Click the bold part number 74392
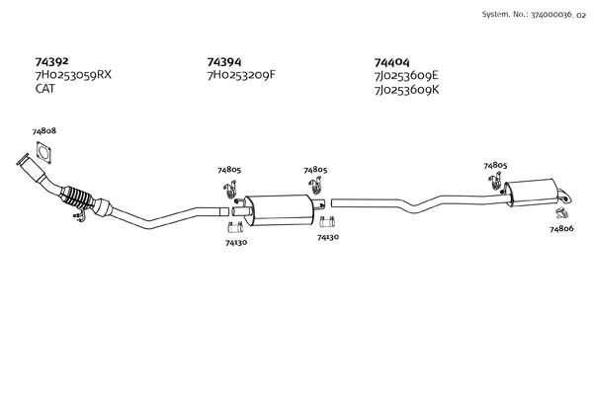coord(51,61)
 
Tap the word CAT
coord(45,89)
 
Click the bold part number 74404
coord(393,61)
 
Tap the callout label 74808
coord(43,131)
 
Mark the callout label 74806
coord(560,229)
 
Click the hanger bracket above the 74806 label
coord(561,211)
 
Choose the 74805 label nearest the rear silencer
coord(495,165)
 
